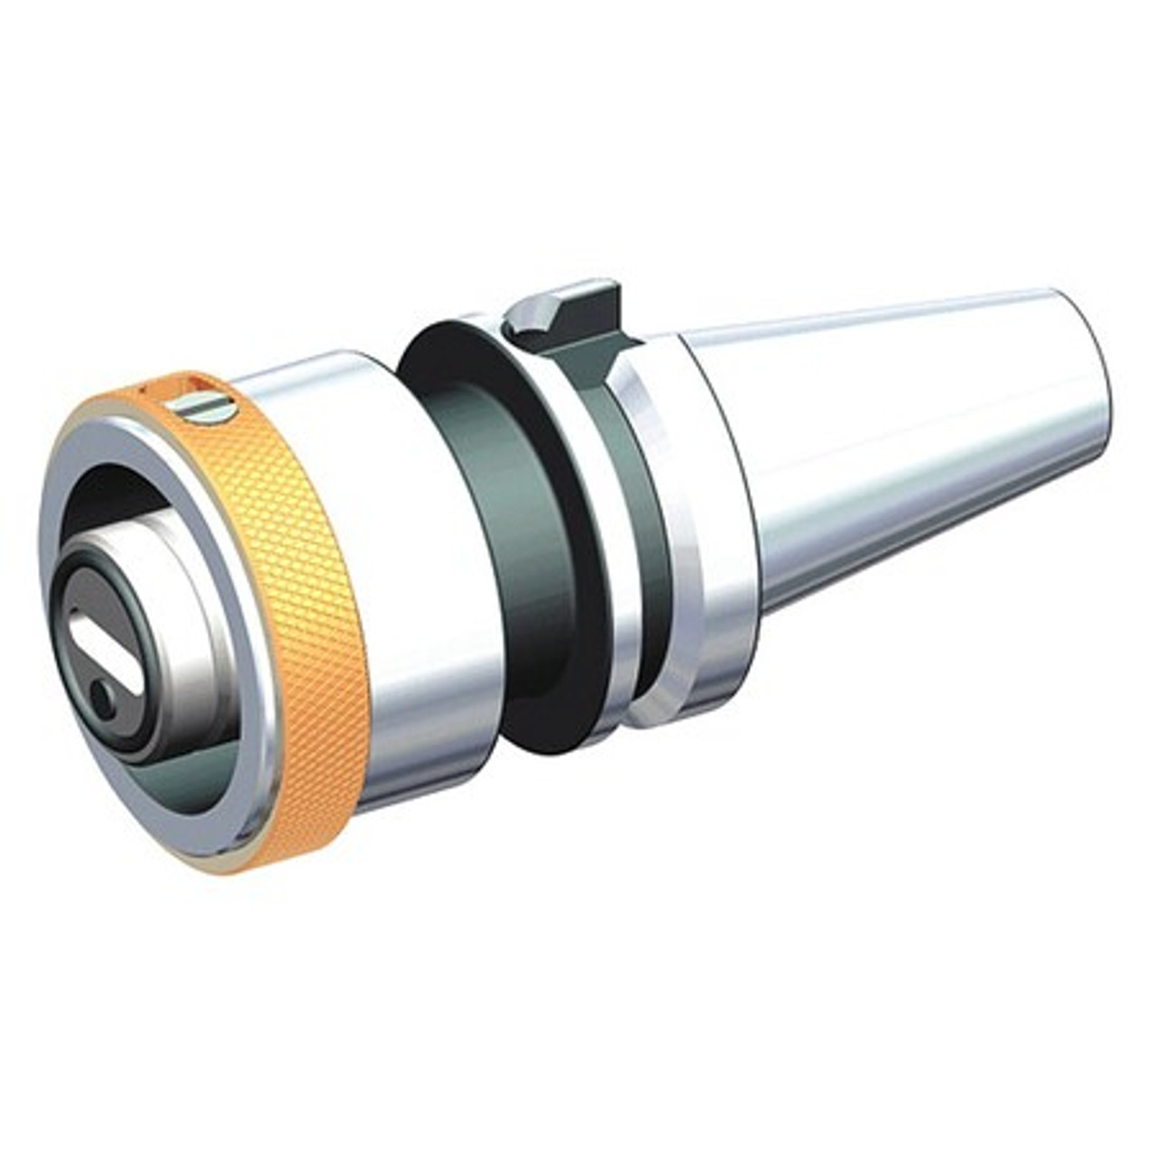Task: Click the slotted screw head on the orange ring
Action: pyautogui.click(x=206, y=409)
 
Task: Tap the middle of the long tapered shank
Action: pyautogui.click(x=902, y=451)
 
